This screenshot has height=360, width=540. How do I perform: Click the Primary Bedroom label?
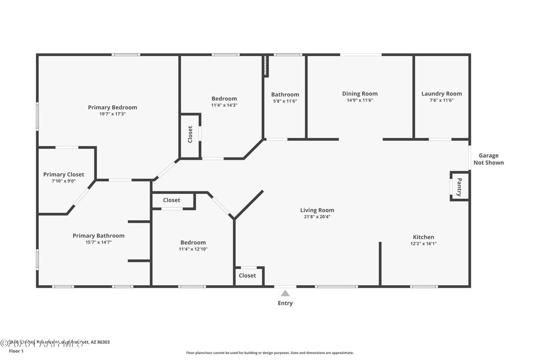(x=112, y=108)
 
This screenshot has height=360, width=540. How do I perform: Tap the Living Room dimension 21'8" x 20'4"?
(x=317, y=217)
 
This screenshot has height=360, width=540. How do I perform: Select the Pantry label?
(x=459, y=186)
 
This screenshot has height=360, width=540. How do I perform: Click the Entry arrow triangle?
(x=285, y=293)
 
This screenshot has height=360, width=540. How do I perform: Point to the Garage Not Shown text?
(x=488, y=159)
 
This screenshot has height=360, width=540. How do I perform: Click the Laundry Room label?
(x=441, y=94)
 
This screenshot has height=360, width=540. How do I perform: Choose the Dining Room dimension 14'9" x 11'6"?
(x=360, y=100)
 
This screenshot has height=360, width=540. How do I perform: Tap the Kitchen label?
(x=423, y=237)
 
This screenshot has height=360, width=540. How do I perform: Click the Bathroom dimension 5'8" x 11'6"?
(x=285, y=101)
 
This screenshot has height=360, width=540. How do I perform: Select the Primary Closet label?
(x=63, y=174)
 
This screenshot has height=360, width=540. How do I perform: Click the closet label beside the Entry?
(x=247, y=276)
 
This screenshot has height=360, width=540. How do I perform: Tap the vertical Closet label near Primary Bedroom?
(x=190, y=134)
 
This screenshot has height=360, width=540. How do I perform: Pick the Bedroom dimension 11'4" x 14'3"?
(x=224, y=105)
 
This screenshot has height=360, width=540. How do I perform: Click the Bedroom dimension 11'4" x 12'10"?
(x=193, y=249)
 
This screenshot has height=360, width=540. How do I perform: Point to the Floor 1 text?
(x=17, y=351)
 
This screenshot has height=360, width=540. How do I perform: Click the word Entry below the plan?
(x=285, y=303)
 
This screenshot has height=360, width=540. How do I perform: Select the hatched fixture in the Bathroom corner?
(x=266, y=67)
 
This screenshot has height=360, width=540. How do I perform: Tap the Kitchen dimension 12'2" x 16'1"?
(x=423, y=244)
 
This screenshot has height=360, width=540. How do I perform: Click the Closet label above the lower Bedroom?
(x=171, y=200)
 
